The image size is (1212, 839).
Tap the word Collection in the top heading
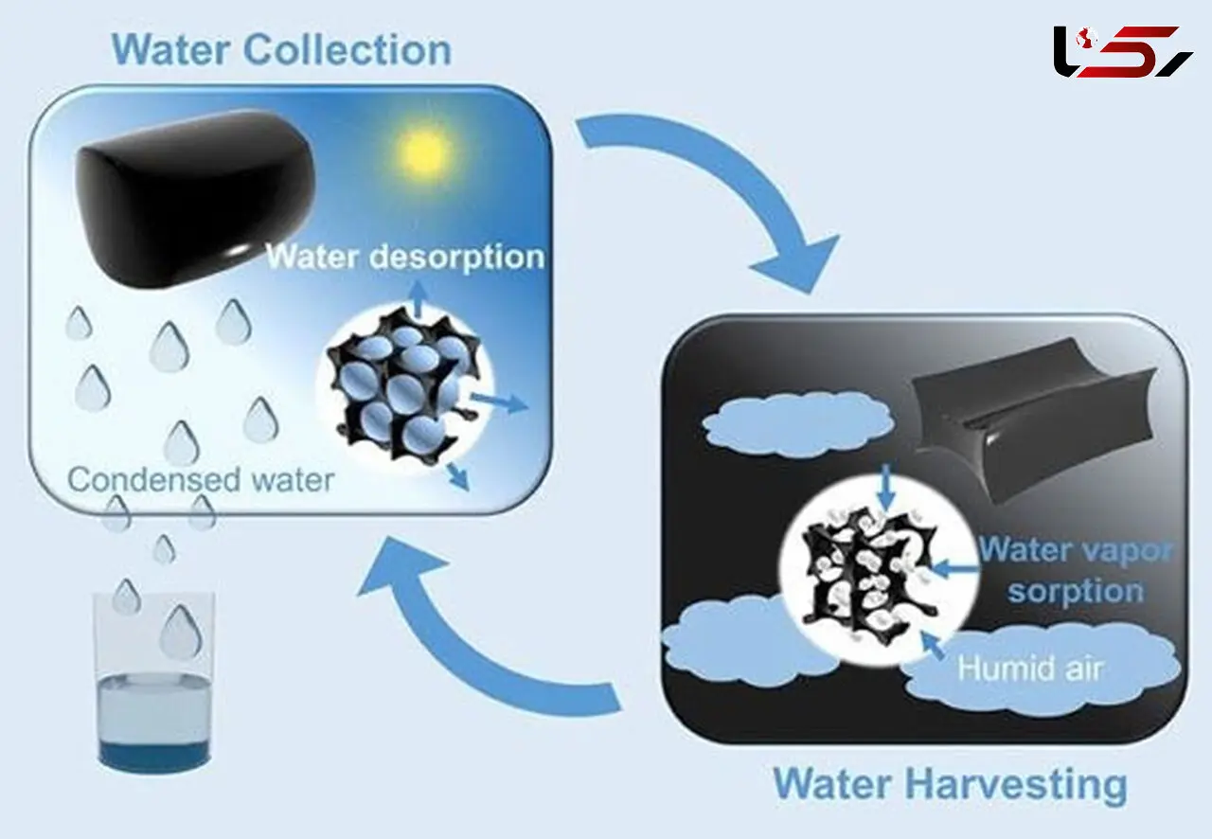348,50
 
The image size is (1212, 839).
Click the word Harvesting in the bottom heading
1016,784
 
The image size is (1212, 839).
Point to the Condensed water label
201,480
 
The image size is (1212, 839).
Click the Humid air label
1029,669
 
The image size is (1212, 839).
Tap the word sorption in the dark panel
1076,591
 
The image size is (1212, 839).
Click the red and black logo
1123,52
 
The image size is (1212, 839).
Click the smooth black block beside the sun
195,203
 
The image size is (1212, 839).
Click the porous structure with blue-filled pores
403,379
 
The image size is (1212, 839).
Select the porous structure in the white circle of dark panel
869,574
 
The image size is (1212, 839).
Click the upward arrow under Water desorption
418,299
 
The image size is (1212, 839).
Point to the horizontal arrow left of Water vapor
955,569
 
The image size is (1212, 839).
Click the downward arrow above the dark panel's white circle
885,486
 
